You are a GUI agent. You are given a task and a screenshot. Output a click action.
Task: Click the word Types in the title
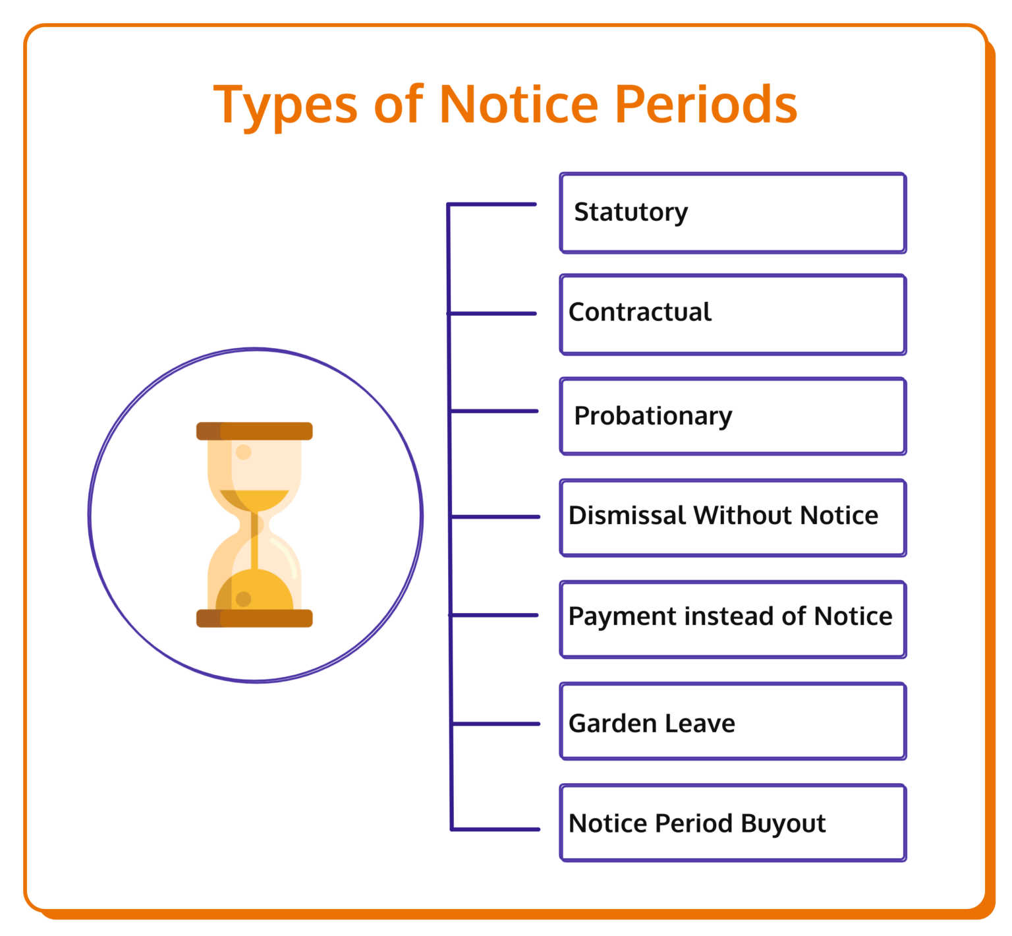click(285, 105)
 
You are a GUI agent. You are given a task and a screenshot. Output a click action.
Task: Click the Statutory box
click(733, 213)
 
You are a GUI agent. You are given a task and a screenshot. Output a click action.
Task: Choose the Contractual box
click(733, 314)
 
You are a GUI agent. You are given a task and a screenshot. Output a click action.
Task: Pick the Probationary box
click(733, 416)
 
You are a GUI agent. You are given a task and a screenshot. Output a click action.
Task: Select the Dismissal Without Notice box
click(733, 517)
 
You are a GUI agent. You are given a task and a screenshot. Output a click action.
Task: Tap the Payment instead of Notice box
click(733, 619)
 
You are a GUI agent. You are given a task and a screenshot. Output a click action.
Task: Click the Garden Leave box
click(733, 721)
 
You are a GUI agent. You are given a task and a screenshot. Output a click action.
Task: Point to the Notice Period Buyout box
click(733, 823)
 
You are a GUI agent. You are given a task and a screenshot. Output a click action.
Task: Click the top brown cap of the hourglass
click(254, 431)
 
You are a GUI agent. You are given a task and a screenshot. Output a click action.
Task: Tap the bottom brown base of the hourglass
click(254, 618)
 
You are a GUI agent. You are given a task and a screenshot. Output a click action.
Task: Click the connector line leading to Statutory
click(492, 204)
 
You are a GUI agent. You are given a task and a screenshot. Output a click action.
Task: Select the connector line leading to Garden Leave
click(495, 724)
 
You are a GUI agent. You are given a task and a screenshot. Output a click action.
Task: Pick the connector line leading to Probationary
click(494, 411)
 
